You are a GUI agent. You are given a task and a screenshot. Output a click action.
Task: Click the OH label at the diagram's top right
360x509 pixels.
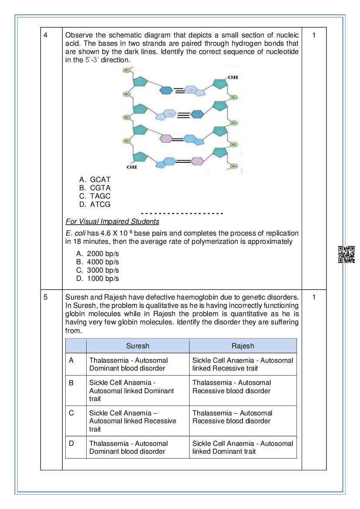[x=233, y=77]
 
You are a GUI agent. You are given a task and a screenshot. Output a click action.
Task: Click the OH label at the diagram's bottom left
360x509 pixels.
[x=131, y=167]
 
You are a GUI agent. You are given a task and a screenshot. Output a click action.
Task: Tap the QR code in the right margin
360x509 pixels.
[x=347, y=254]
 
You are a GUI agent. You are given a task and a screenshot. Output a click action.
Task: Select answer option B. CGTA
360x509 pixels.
[x=95, y=188]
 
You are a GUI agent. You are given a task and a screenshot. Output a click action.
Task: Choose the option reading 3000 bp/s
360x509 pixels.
[x=98, y=270]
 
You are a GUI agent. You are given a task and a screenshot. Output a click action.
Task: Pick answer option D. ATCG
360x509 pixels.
[x=95, y=204]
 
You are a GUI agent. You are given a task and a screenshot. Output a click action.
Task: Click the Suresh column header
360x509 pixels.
[x=138, y=346]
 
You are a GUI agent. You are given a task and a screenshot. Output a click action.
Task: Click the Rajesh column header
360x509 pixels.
[x=243, y=346]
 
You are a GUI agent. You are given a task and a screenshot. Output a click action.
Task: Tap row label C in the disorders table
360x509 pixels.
[x=71, y=413]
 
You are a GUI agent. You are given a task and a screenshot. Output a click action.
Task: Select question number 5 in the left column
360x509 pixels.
[x=45, y=297]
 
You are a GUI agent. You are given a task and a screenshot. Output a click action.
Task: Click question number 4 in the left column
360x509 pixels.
[x=45, y=35]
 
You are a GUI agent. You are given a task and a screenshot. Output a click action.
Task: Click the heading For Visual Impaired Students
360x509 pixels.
[x=112, y=221]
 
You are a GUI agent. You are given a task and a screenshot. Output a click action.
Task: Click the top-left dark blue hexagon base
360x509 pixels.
[x=167, y=90]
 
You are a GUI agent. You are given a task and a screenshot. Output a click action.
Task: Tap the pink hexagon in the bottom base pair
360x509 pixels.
[x=197, y=161]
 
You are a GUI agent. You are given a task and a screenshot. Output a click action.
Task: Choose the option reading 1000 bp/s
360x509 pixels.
[x=98, y=279]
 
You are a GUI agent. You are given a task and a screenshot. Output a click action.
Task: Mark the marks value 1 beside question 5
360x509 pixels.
[x=314, y=297]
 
